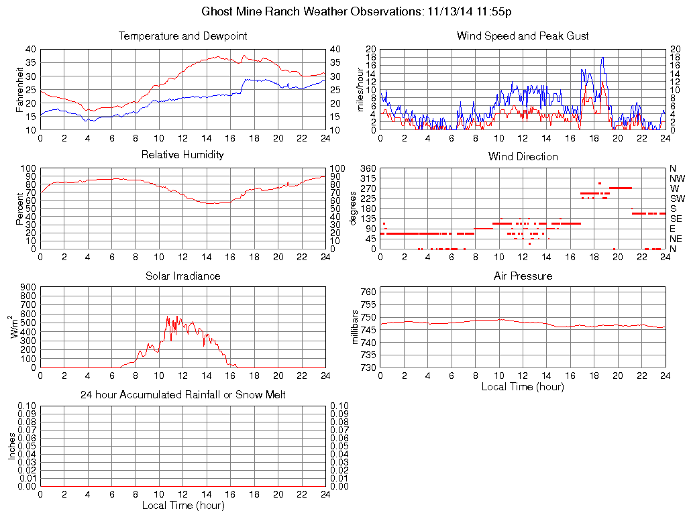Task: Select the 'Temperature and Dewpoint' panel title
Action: tap(182, 36)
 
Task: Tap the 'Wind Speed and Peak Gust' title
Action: tap(523, 36)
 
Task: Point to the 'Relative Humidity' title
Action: tap(182, 155)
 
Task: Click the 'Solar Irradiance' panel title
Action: tap(182, 276)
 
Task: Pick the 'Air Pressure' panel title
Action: tap(523, 276)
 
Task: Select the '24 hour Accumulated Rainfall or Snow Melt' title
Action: tap(182, 395)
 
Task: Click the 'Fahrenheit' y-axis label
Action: tap(19, 89)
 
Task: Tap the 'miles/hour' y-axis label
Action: tap(360, 89)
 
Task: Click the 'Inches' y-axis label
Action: tap(11, 446)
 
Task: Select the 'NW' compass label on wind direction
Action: tap(676, 178)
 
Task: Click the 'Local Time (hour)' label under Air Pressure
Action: tap(523, 387)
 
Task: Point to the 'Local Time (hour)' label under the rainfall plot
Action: tap(182, 506)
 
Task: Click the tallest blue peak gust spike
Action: tap(602, 58)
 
